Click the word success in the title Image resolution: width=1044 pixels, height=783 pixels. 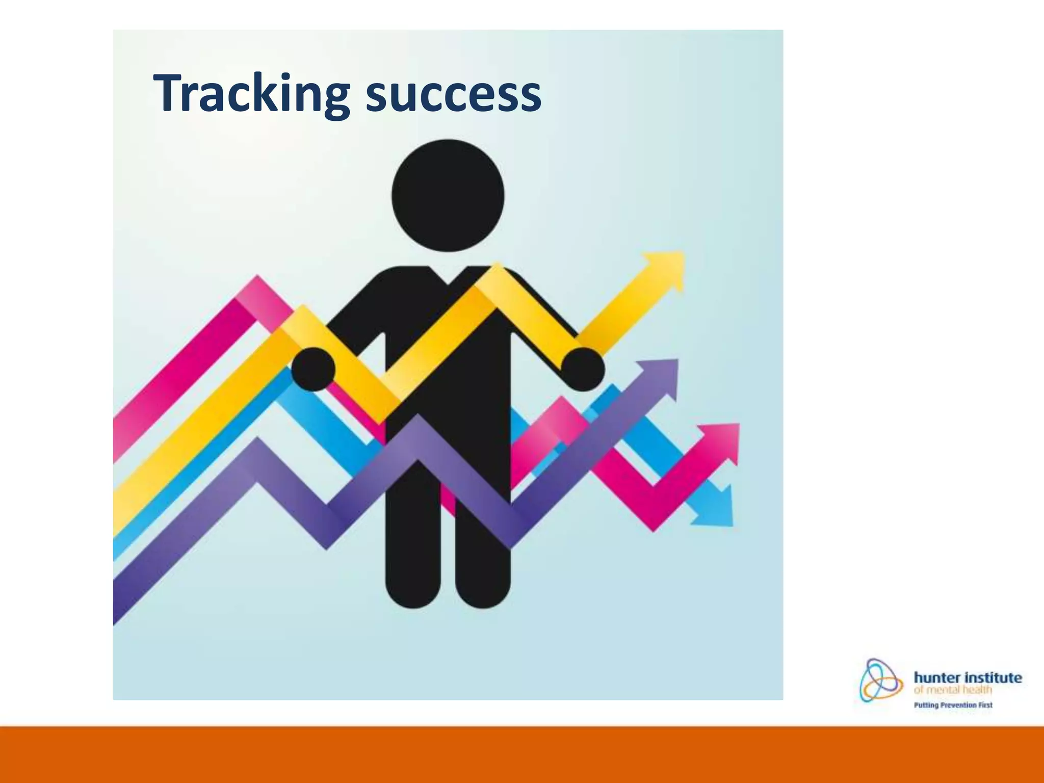pyautogui.click(x=453, y=94)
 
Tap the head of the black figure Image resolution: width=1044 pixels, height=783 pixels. pyautogui.click(x=448, y=195)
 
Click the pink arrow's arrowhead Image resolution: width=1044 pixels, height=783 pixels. pyautogui.click(x=721, y=441)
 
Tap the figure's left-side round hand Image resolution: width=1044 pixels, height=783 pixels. pyautogui.click(x=313, y=369)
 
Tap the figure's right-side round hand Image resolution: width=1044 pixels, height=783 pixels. pyautogui.click(x=583, y=369)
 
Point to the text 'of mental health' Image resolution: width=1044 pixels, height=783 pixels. pyautogui.click(x=952, y=690)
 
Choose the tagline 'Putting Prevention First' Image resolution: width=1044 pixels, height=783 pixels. pyautogui.click(x=953, y=706)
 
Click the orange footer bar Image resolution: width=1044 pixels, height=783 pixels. pyautogui.click(x=522, y=754)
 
